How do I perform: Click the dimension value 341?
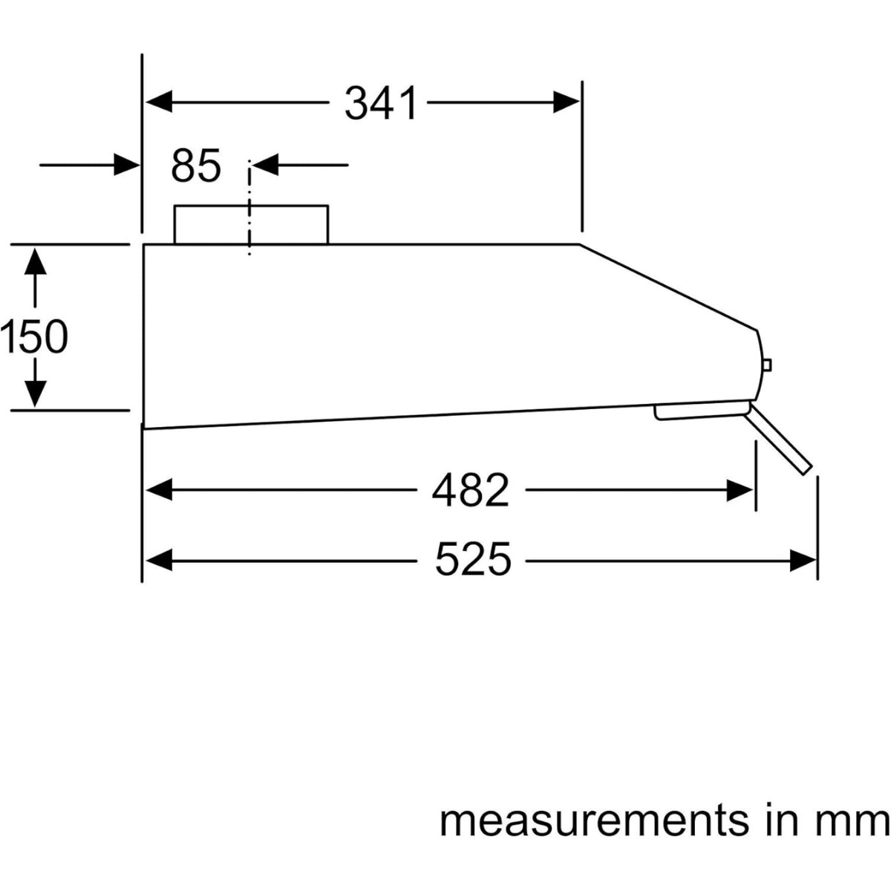[381, 103]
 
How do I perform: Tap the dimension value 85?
[196, 166]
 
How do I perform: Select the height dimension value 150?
[34, 337]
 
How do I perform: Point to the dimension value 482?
[471, 490]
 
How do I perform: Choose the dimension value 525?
[473, 560]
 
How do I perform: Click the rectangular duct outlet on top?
[250, 224]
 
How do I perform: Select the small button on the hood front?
[767, 365]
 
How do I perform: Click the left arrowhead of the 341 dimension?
[159, 102]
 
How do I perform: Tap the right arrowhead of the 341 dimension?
[566, 102]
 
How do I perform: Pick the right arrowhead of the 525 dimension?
[803, 560]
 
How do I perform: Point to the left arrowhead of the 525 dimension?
[159, 560]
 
